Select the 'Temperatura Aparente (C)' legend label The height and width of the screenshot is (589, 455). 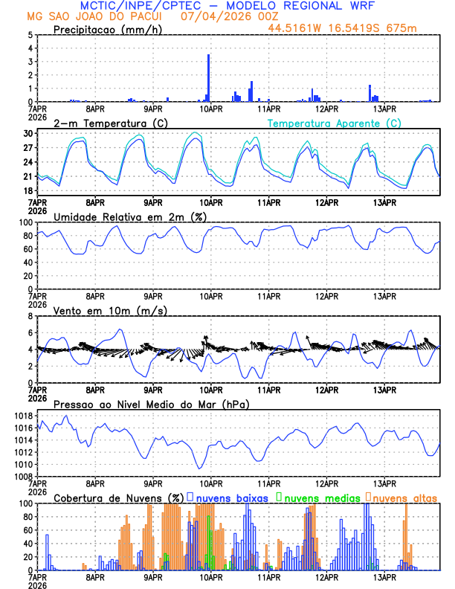click(x=335, y=123)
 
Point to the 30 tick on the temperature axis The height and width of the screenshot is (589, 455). click(x=28, y=134)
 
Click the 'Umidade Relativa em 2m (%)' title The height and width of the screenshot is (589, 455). click(x=130, y=216)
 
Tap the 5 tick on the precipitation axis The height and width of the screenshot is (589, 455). click(x=29, y=35)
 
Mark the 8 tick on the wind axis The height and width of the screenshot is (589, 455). click(x=29, y=316)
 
